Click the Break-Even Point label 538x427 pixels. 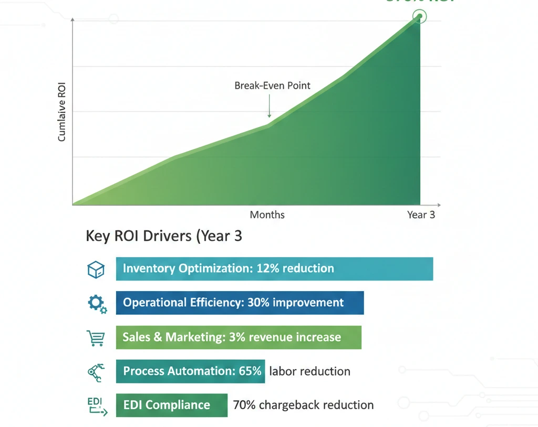point(272,86)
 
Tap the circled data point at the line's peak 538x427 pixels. point(420,16)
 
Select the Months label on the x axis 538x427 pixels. point(267,215)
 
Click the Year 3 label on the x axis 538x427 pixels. point(421,215)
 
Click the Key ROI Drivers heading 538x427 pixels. point(164,236)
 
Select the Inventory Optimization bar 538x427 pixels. point(274,269)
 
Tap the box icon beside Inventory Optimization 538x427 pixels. point(96,269)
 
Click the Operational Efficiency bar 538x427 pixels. point(240,303)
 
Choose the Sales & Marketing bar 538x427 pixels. point(239,337)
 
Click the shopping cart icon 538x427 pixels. point(96,337)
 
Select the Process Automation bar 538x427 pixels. point(190,371)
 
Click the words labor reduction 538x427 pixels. point(309,371)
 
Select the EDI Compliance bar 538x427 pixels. point(172,405)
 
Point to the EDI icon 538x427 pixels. point(96,406)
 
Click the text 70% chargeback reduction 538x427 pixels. point(303,405)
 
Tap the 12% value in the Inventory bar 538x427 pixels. point(267,269)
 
